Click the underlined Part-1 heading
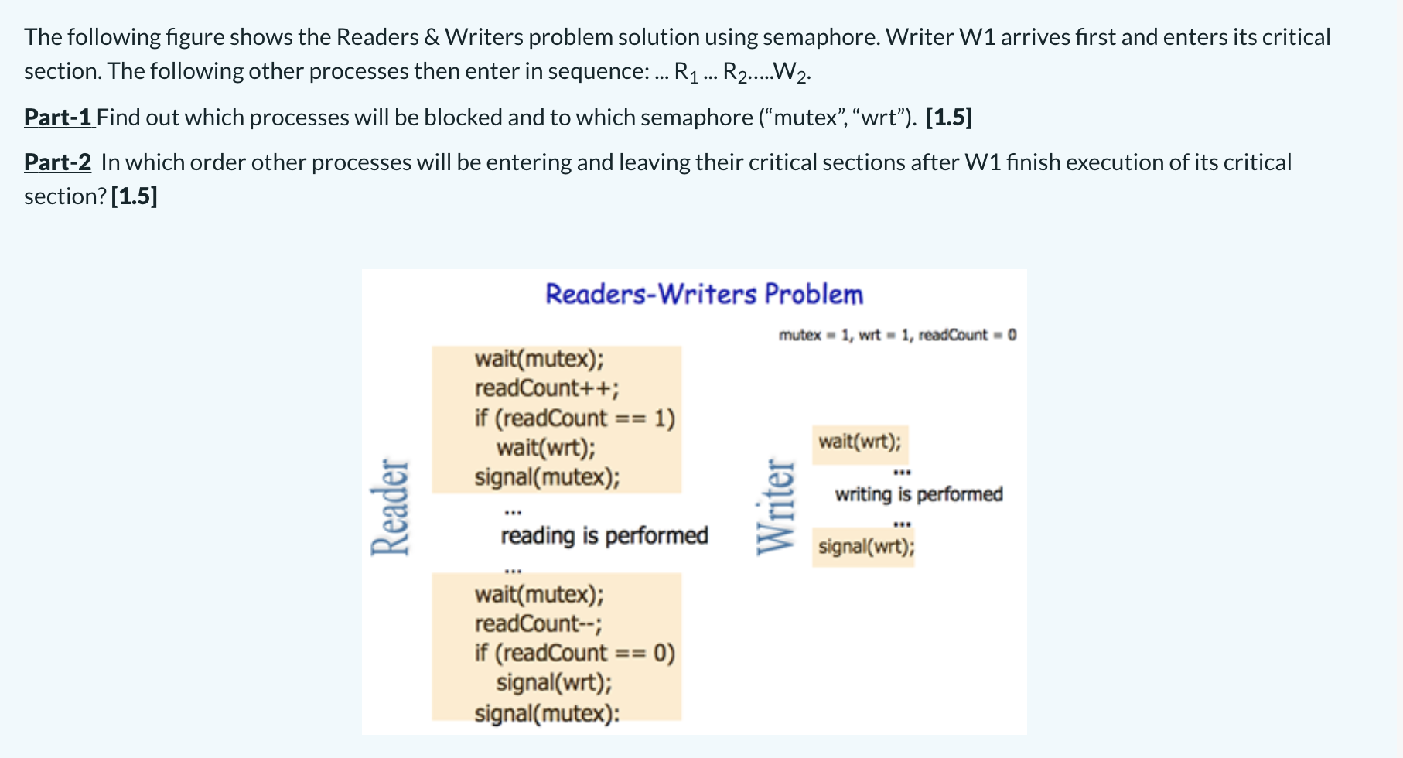tap(59, 118)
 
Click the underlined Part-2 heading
tap(57, 162)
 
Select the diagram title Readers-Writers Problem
tap(704, 295)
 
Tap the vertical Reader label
tap(390, 507)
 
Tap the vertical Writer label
tap(776, 507)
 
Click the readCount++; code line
tap(546, 388)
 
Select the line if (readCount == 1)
tap(575, 418)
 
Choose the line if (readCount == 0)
tap(575, 654)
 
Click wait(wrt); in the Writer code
tap(859, 442)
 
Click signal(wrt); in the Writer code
tap(865, 547)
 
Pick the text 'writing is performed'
tap(919, 494)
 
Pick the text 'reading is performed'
tap(604, 536)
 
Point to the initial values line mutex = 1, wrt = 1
tap(897, 335)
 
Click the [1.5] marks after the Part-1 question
tap(948, 118)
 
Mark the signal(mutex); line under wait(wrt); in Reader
tap(547, 477)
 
